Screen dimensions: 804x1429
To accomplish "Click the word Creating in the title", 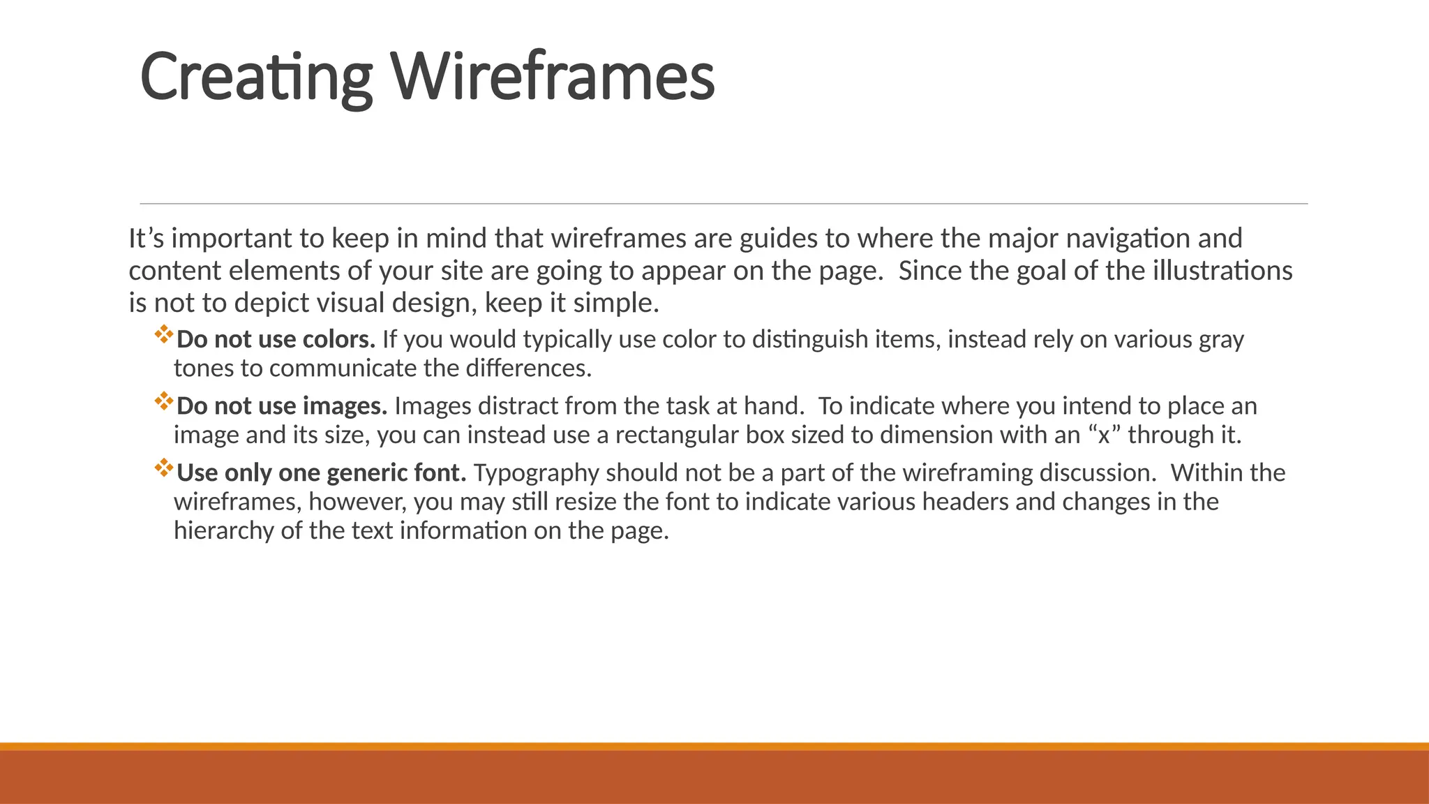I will click(255, 77).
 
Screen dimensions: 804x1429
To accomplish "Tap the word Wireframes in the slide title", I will click(553, 77).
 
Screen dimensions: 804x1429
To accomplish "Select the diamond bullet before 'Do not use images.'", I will click(164, 401).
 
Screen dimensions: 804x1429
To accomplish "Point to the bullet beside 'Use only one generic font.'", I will click(164, 468).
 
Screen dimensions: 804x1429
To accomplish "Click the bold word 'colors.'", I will click(339, 340).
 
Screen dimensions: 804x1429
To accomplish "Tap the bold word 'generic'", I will click(367, 474).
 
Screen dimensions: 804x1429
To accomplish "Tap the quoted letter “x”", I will click(1104, 435).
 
